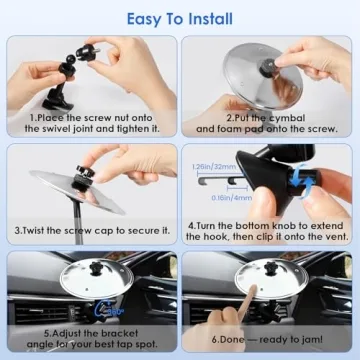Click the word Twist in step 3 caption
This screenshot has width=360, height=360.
44,229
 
